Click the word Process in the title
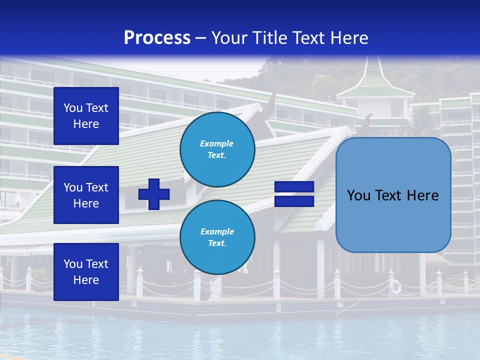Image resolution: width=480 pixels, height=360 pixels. click(157, 38)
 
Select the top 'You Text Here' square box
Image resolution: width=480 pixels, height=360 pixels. click(86, 116)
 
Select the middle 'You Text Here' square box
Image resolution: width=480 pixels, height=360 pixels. click(86, 195)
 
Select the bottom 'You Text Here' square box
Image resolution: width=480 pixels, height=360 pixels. click(86, 271)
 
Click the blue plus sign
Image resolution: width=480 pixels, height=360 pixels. click(154, 194)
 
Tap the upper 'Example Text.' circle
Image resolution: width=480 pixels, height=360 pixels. click(217, 149)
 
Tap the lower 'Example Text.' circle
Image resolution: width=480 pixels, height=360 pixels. click(217, 237)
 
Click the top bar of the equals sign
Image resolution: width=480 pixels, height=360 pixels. click(294, 187)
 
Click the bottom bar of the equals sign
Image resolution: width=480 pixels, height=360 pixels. click(294, 201)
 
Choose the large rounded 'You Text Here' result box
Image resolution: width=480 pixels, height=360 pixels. click(393, 195)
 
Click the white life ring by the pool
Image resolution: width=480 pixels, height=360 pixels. click(395, 286)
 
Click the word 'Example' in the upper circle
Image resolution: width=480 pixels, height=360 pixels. click(217, 143)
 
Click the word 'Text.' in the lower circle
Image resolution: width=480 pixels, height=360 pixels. click(217, 243)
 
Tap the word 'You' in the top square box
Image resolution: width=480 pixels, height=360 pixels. click(73, 108)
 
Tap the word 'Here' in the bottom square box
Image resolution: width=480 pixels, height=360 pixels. click(86, 280)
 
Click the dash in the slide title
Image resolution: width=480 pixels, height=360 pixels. click(200, 38)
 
